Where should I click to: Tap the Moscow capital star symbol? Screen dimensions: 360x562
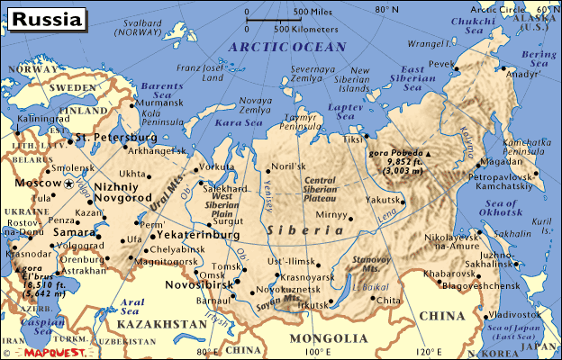point(69,184)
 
